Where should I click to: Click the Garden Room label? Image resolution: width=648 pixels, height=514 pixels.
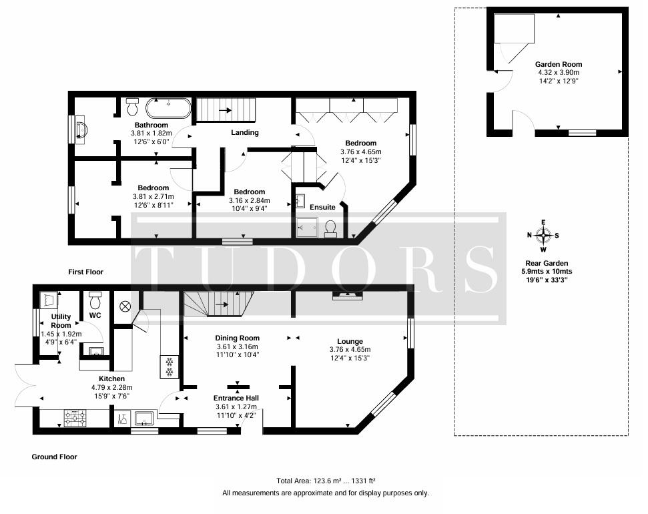tap(559, 64)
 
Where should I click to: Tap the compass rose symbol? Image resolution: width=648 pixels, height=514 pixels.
tap(543, 235)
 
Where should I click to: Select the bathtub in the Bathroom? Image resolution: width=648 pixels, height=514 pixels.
tap(168, 108)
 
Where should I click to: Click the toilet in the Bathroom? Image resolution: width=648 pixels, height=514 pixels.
tap(132, 107)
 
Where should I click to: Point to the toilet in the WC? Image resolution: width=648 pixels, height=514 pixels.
tap(95, 300)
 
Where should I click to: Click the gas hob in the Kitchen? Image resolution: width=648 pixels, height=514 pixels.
tap(75, 418)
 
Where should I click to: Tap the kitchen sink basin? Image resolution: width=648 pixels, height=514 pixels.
tap(144, 418)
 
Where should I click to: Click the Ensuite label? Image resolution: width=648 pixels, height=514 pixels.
tap(322, 207)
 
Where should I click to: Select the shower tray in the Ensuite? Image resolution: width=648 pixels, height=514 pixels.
tap(307, 227)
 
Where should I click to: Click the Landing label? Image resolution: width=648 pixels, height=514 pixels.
tap(245, 133)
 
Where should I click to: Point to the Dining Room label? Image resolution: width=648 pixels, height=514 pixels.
tap(237, 338)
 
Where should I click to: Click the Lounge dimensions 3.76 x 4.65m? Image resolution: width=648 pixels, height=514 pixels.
tap(350, 349)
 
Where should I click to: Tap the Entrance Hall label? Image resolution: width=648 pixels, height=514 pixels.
tap(236, 398)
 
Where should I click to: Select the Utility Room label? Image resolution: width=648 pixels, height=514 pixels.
tap(61, 321)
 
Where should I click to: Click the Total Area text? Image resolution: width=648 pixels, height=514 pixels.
tap(326, 481)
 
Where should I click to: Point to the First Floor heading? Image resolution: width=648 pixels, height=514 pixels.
tap(85, 272)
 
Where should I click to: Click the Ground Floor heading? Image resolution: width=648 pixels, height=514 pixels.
tap(55, 457)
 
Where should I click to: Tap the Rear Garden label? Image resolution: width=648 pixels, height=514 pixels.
tap(547, 263)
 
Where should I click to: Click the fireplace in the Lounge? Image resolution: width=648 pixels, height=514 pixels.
tap(348, 295)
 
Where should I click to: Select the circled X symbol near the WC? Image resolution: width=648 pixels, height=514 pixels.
tap(125, 306)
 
